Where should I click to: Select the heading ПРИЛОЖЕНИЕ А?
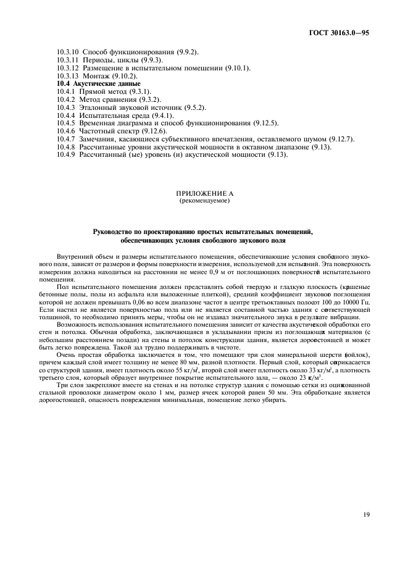[x=203, y=194]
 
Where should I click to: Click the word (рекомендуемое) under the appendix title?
[x=203, y=201]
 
